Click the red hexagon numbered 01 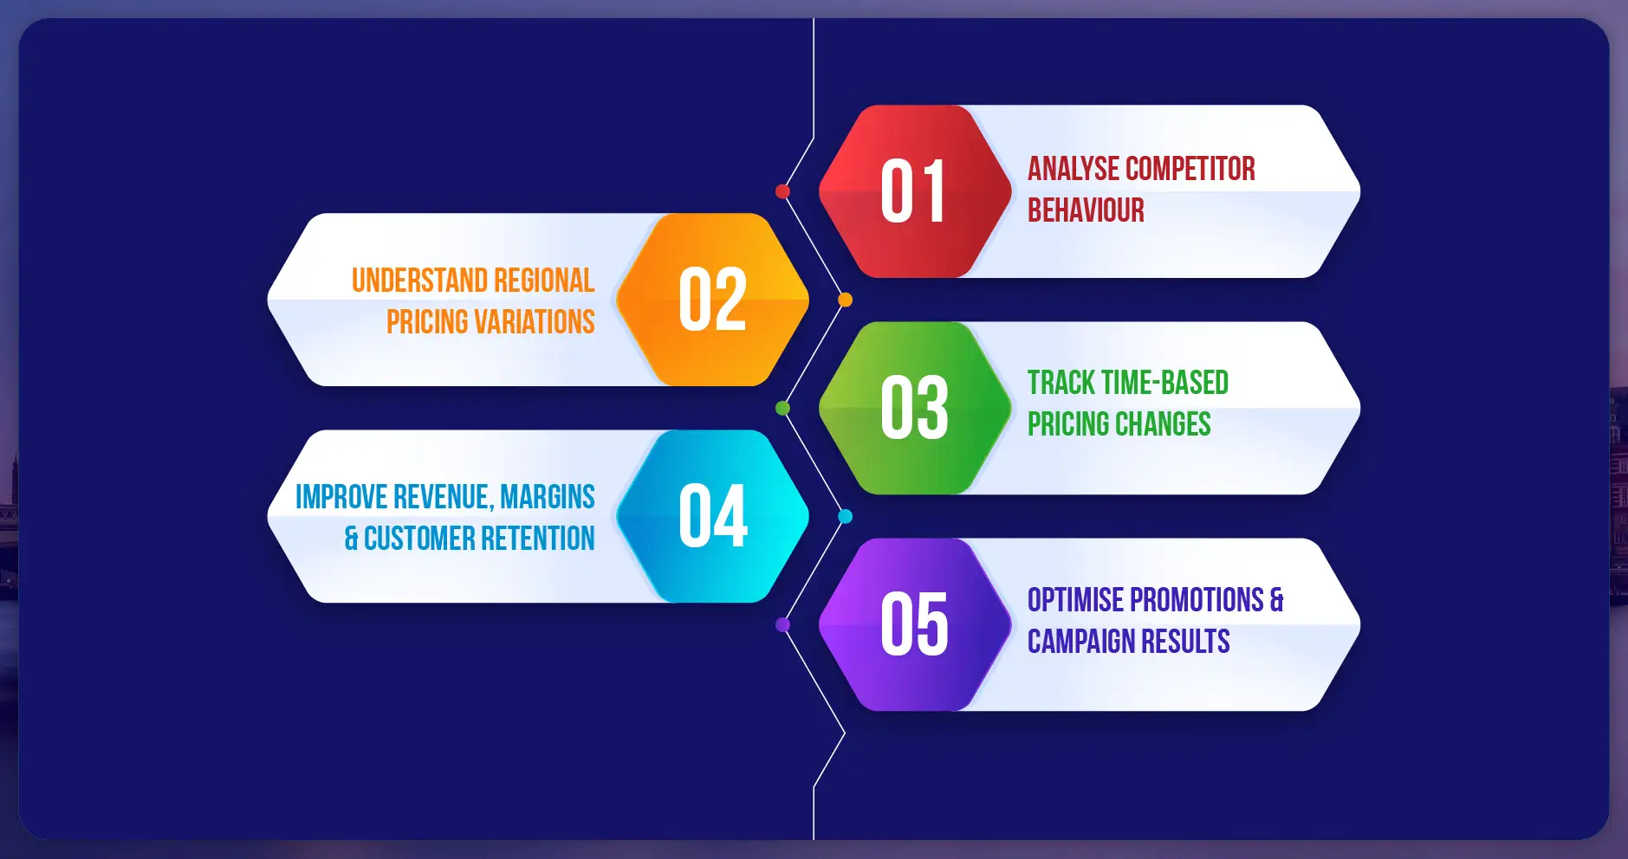914,191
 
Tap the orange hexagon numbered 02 712,300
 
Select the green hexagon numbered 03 914,408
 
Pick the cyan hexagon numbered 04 712,516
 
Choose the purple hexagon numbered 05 914,624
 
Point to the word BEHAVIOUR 1086,210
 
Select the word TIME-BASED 1164,383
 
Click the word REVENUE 444,497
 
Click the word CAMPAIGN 1081,642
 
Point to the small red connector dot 782,191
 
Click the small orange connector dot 845,300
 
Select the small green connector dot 782,408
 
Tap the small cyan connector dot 845,516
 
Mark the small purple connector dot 782,624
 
